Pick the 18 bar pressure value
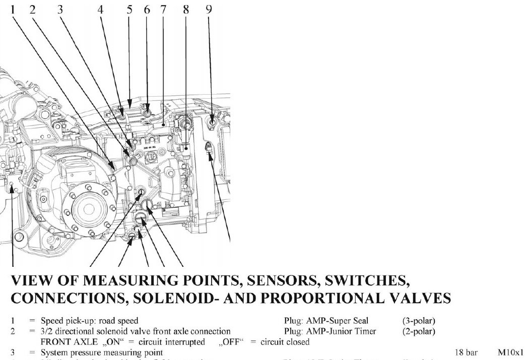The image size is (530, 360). point(466,353)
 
